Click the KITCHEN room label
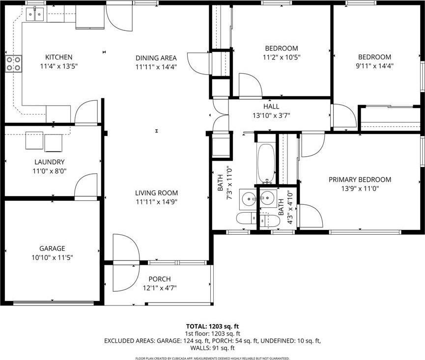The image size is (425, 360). (x=58, y=57)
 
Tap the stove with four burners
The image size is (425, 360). (x=14, y=62)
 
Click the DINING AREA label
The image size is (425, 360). (x=156, y=58)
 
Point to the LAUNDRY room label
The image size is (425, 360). (x=49, y=162)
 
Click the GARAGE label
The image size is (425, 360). (x=52, y=249)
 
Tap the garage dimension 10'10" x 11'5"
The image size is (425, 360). (x=52, y=257)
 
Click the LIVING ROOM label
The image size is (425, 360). (x=156, y=193)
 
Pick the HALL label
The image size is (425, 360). (x=271, y=106)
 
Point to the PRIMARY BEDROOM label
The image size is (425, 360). (x=360, y=180)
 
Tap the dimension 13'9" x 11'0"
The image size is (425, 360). (x=360, y=188)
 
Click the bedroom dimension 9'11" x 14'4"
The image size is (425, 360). (x=374, y=65)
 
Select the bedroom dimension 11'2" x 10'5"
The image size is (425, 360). (x=282, y=57)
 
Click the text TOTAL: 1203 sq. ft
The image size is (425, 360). (x=212, y=326)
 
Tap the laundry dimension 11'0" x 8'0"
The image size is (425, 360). (x=49, y=171)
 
